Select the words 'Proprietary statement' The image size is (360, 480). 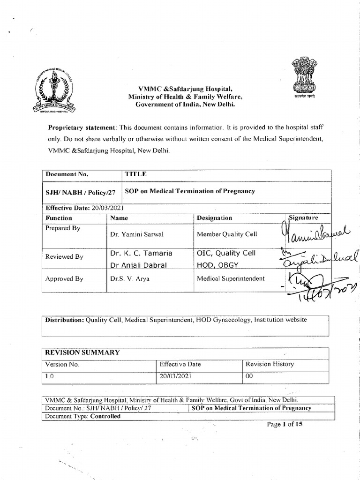[x=82, y=127]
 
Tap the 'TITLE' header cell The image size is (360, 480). [x=136, y=174]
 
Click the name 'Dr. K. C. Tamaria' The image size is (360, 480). [x=141, y=253]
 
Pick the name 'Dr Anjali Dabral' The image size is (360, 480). [x=140, y=265]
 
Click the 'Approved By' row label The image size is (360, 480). [x=64, y=278]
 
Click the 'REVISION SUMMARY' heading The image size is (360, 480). [x=82, y=352]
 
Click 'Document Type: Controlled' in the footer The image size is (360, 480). [x=82, y=416]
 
